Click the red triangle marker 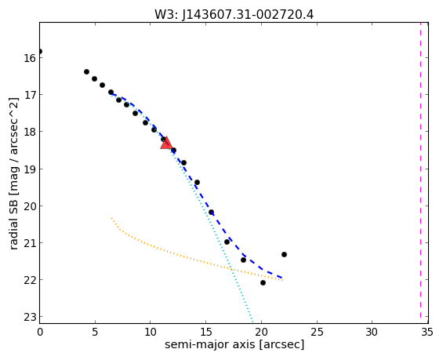(x=166, y=143)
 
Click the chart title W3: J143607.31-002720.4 (x=234, y=14)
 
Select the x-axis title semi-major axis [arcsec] (x=234, y=344)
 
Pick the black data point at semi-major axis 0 (x=40, y=52)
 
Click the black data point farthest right (x=284, y=255)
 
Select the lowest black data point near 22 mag (x=263, y=282)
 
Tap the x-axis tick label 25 (x=317, y=332)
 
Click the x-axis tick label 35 (x=427, y=332)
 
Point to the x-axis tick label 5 (x=95, y=332)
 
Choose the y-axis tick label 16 (x=30, y=58)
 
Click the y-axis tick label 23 (x=30, y=317)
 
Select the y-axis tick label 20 (x=30, y=206)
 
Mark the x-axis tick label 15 (x=205, y=332)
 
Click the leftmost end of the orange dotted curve (x=111, y=218)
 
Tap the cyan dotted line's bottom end (x=252, y=322)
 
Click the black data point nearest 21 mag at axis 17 (x=227, y=242)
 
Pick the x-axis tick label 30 (x=372, y=332)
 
